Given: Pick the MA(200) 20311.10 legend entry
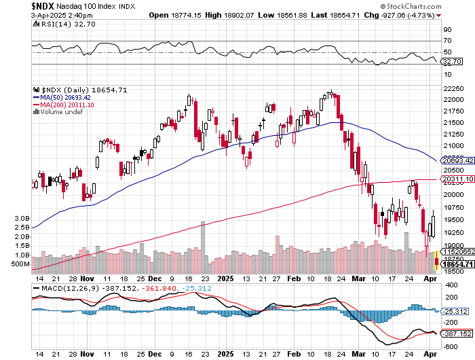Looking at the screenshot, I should point(65,105).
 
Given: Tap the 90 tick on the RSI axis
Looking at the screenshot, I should point(448,30).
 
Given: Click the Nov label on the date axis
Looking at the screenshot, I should point(88,278).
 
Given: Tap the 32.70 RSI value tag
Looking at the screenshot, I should point(452,61).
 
